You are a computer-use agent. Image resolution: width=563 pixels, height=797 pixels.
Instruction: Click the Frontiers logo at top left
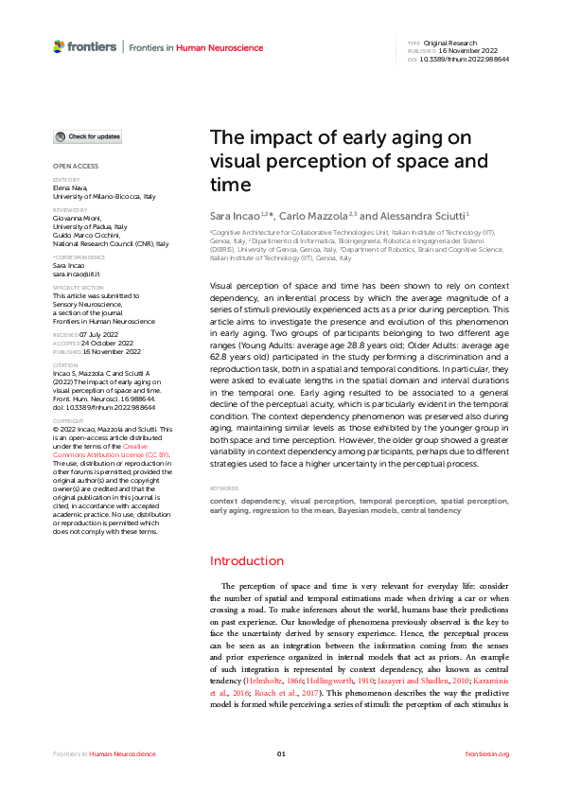85,45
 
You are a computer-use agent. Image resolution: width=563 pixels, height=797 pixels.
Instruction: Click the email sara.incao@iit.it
78,275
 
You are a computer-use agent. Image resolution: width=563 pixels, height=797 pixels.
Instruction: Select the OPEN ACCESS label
76,167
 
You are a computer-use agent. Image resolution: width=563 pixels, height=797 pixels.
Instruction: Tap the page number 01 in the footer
281,753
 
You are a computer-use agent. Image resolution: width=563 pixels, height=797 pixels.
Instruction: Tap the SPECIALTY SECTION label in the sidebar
79,287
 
